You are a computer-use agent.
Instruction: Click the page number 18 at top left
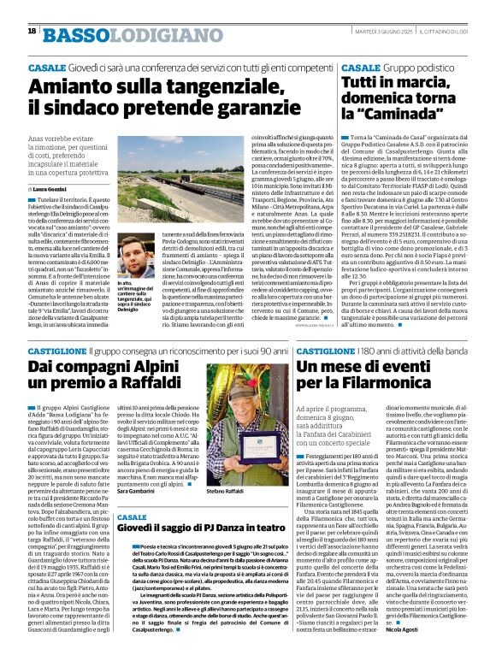(x=32, y=31)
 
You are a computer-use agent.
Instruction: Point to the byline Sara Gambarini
(x=135, y=493)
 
